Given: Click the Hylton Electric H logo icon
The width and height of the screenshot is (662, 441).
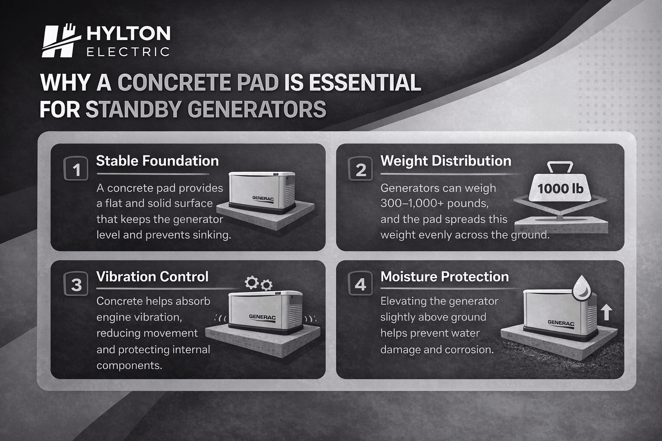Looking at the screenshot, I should pyautogui.click(x=60, y=41).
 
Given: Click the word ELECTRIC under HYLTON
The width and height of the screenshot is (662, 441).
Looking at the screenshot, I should pyautogui.click(x=128, y=52).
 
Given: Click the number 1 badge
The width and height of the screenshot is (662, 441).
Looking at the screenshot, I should pyautogui.click(x=76, y=169).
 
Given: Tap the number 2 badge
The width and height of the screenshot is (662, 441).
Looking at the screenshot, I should pyautogui.click(x=361, y=169).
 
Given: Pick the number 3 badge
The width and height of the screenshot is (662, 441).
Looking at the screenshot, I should pyautogui.click(x=76, y=285).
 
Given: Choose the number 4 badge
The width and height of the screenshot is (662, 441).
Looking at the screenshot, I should pyautogui.click(x=360, y=285).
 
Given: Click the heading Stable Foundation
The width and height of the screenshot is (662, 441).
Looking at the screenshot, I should pyautogui.click(x=157, y=161).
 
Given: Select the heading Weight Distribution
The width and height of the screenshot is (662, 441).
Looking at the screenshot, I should pyautogui.click(x=446, y=161).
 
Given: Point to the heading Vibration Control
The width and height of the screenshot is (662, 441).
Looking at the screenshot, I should pyautogui.click(x=152, y=276).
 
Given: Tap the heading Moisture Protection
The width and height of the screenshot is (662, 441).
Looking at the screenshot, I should pyautogui.click(x=444, y=276).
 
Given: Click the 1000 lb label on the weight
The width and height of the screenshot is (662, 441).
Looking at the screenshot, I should pyautogui.click(x=560, y=188).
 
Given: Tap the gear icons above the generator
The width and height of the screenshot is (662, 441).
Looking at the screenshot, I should pyautogui.click(x=258, y=283).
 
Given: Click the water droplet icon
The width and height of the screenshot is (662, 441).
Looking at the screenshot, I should pyautogui.click(x=581, y=287).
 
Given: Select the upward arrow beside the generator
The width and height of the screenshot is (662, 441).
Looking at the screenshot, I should pyautogui.click(x=606, y=312).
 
